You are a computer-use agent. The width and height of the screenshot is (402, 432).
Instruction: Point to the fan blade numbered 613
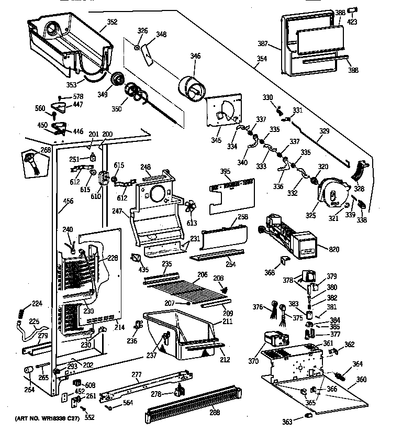[x=192, y=206]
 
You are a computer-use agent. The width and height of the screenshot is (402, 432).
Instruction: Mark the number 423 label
[x=367, y=22]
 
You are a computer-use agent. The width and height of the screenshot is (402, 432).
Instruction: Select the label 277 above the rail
[x=136, y=374]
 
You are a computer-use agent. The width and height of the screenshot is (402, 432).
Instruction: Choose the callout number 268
[x=46, y=150]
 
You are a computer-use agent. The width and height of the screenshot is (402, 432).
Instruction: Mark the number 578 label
[x=77, y=96]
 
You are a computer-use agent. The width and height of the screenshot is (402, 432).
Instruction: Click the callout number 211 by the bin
[x=227, y=321]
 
